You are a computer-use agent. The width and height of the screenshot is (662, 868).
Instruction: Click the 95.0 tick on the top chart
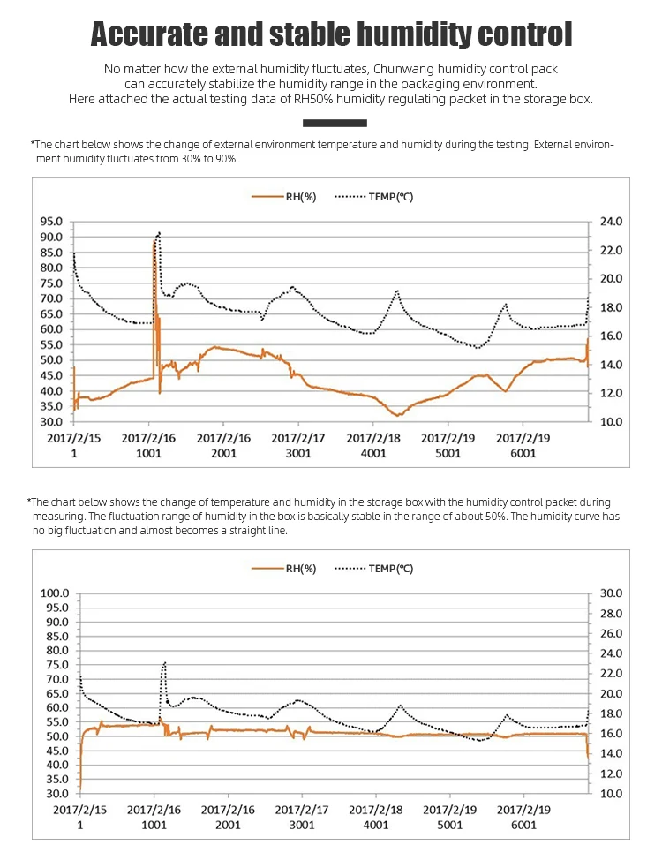point(51,222)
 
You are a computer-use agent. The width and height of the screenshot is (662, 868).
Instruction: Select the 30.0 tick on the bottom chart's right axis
point(612,593)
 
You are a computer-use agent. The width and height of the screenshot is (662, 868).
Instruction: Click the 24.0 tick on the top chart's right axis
point(612,222)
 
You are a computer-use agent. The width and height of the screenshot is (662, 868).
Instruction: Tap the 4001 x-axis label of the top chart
point(373,453)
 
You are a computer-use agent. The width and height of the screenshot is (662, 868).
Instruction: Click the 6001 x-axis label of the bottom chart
point(523,825)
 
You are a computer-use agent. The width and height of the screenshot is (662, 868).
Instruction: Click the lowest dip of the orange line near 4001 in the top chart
point(399,415)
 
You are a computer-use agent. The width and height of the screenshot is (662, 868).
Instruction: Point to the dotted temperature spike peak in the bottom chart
point(164,662)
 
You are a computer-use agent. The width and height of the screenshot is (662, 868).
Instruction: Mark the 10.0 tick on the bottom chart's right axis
point(612,794)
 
